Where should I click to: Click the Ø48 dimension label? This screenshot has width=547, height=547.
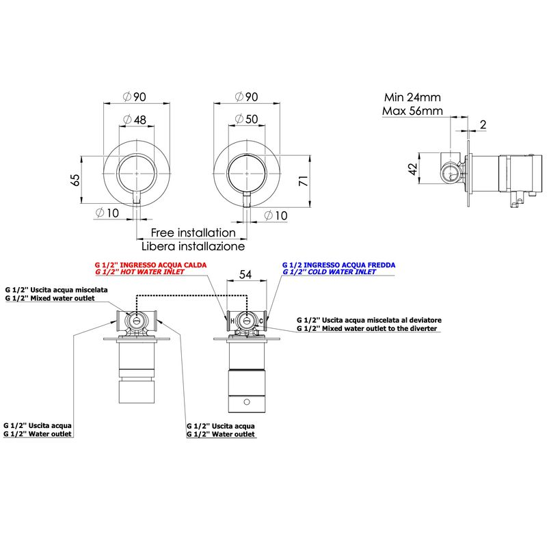[135, 120]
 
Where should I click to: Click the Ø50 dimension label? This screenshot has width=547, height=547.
[247, 119]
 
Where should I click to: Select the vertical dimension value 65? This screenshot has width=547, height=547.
[75, 180]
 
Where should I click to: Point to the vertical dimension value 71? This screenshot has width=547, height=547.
[304, 181]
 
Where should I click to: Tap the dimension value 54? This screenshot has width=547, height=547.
[245, 275]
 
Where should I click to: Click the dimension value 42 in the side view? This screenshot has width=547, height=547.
[413, 169]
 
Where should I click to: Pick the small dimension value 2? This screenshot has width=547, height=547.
[483, 124]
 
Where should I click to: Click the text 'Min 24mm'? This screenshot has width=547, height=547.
[412, 97]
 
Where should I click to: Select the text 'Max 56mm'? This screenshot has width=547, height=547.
[412, 111]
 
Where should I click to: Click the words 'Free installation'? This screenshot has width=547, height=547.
[194, 232]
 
